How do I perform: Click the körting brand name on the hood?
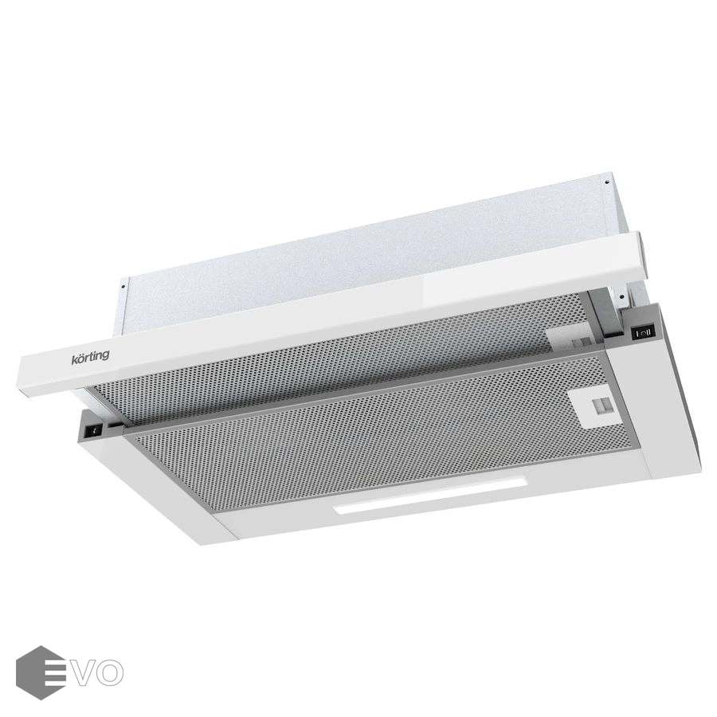pos(90,357)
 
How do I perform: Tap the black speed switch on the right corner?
pos(644,332)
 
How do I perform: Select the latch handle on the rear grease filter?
pos(574,341)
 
